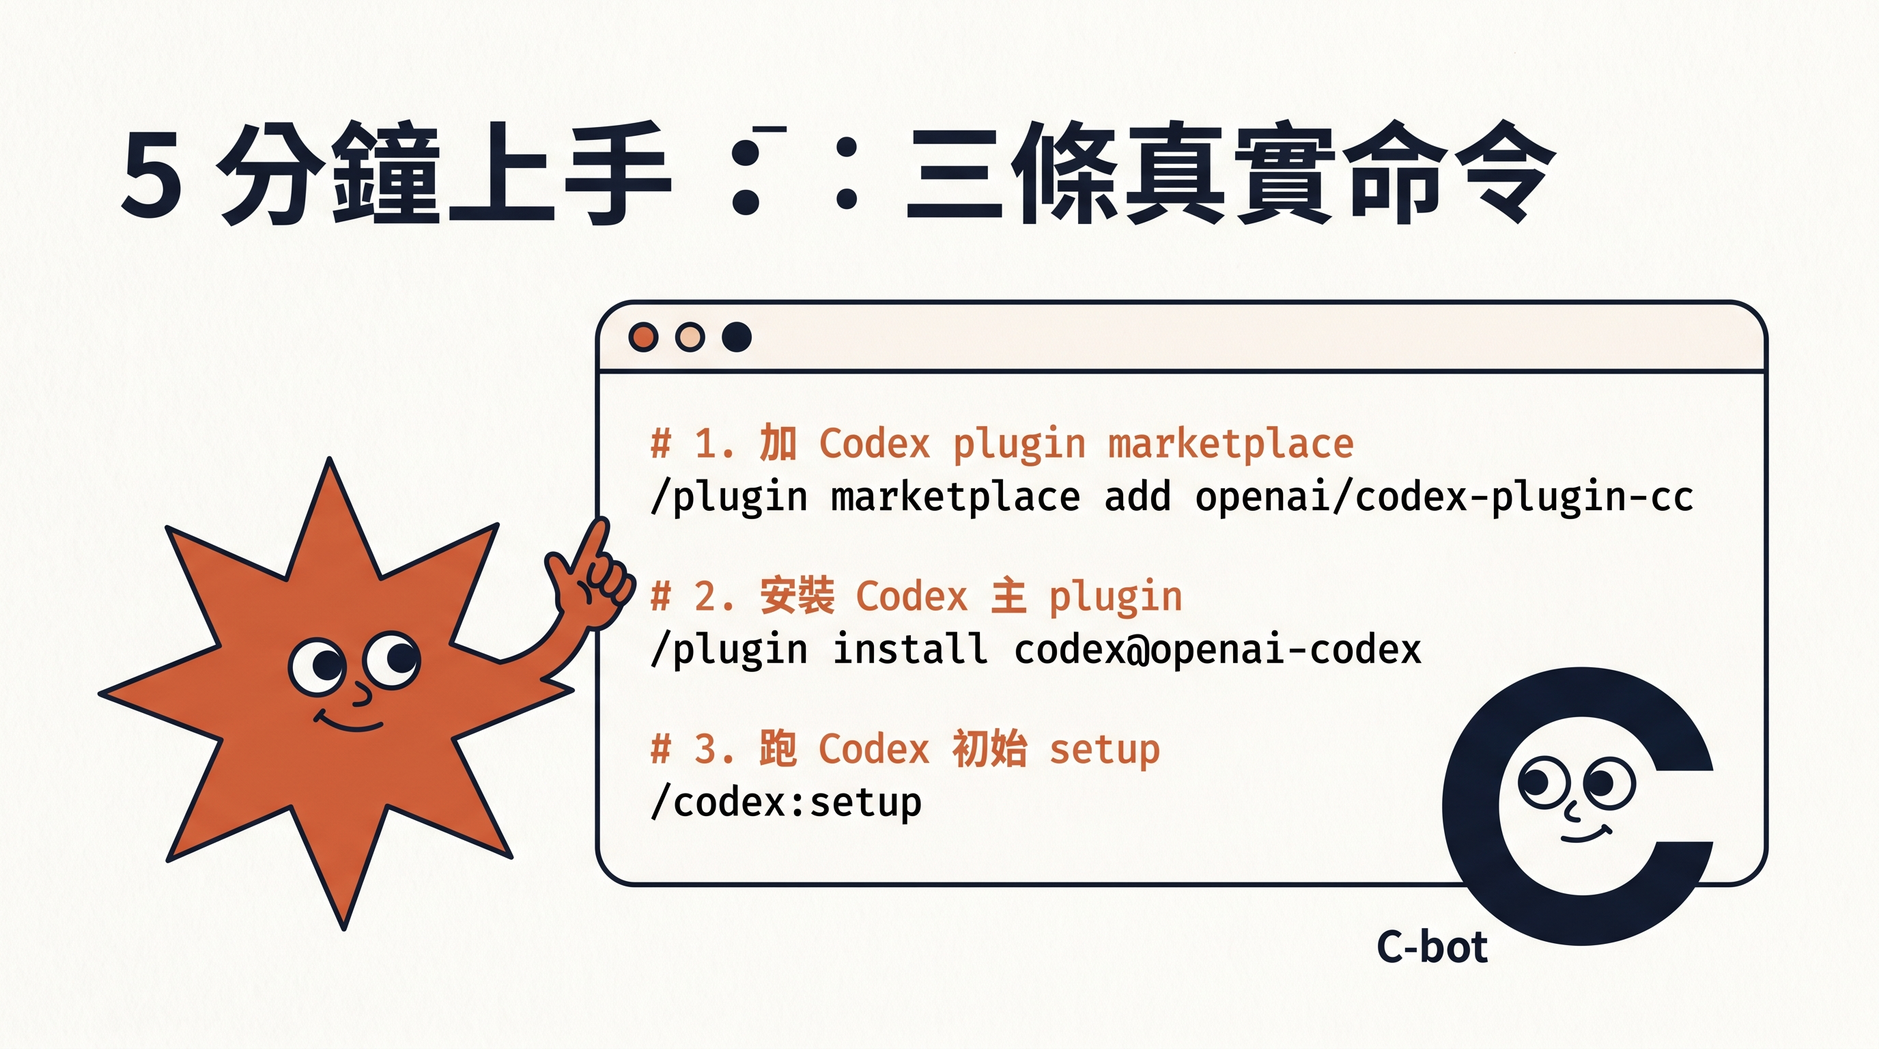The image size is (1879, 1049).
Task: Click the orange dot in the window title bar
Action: pyautogui.click(x=643, y=337)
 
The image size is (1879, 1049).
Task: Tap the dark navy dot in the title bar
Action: pyautogui.click(x=737, y=337)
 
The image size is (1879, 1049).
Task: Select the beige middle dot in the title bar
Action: pyautogui.click(x=690, y=337)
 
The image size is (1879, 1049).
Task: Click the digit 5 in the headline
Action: pyautogui.click(x=152, y=175)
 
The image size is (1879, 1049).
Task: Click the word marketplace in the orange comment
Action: pyautogui.click(x=1230, y=443)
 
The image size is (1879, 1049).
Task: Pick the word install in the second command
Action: pyautogui.click(x=910, y=649)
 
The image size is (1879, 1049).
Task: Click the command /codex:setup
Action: pyautogui.click(x=787, y=802)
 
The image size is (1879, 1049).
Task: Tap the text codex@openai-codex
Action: pyautogui.click(x=1217, y=649)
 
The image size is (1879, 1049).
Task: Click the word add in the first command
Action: pyautogui.click(x=1138, y=496)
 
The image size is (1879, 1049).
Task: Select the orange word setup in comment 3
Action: pyautogui.click(x=1104, y=749)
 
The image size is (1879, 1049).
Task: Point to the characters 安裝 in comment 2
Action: pyautogui.click(x=797, y=596)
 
